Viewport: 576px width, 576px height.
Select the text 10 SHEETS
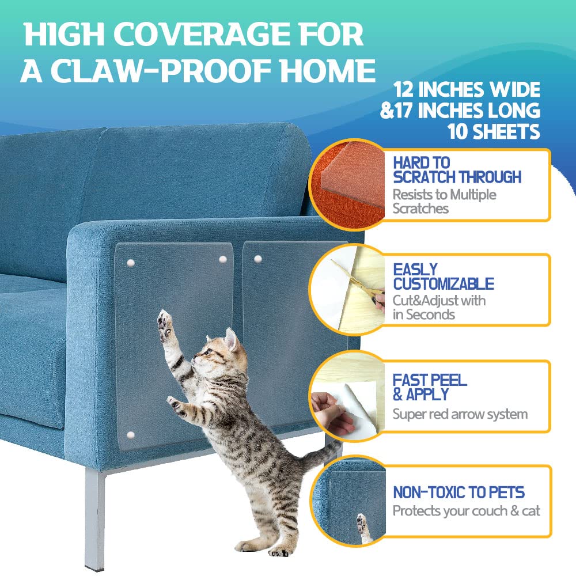point(494,131)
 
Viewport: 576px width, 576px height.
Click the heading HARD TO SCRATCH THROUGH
point(457,170)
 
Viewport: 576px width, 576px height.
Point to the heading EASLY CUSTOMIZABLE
point(444,276)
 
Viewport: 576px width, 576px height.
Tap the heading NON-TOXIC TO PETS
point(459,492)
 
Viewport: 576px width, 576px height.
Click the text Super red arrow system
point(460,414)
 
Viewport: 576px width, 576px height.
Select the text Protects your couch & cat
point(466,511)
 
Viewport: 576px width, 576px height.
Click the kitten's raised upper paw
point(165,322)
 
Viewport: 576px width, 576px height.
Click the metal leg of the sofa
point(94,518)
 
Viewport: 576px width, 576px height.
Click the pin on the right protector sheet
point(258,259)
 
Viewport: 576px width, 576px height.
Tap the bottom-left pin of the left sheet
point(130,435)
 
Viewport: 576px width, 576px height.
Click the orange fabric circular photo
point(347,185)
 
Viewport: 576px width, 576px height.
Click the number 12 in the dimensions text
point(403,89)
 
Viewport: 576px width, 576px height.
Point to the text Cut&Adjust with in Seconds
point(439,308)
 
